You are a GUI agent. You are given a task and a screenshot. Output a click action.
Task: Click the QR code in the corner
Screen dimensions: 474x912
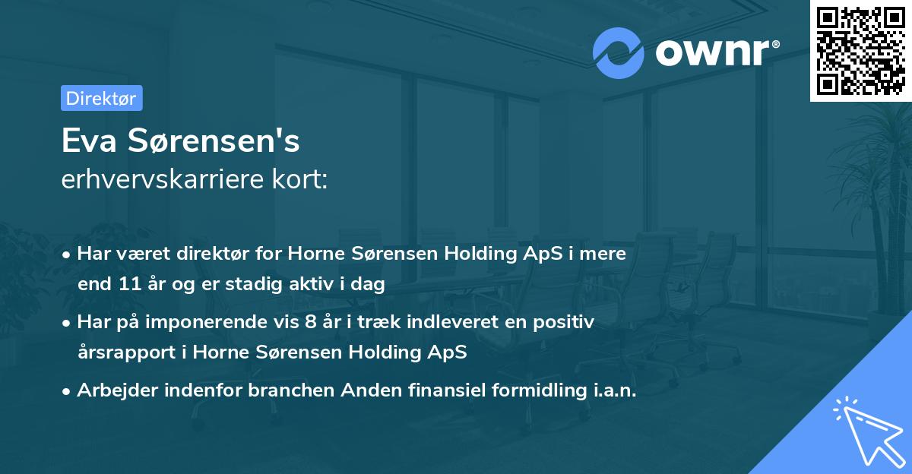tap(860, 50)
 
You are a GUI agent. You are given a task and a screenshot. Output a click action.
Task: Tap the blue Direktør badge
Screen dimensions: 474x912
tap(101, 98)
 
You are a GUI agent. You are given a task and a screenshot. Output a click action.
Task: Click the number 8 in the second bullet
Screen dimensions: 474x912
tap(310, 321)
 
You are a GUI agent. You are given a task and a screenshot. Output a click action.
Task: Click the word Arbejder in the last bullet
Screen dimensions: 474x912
tap(110, 390)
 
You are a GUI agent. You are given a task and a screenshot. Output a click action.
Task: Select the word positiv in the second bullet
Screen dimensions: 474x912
tap(568, 321)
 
